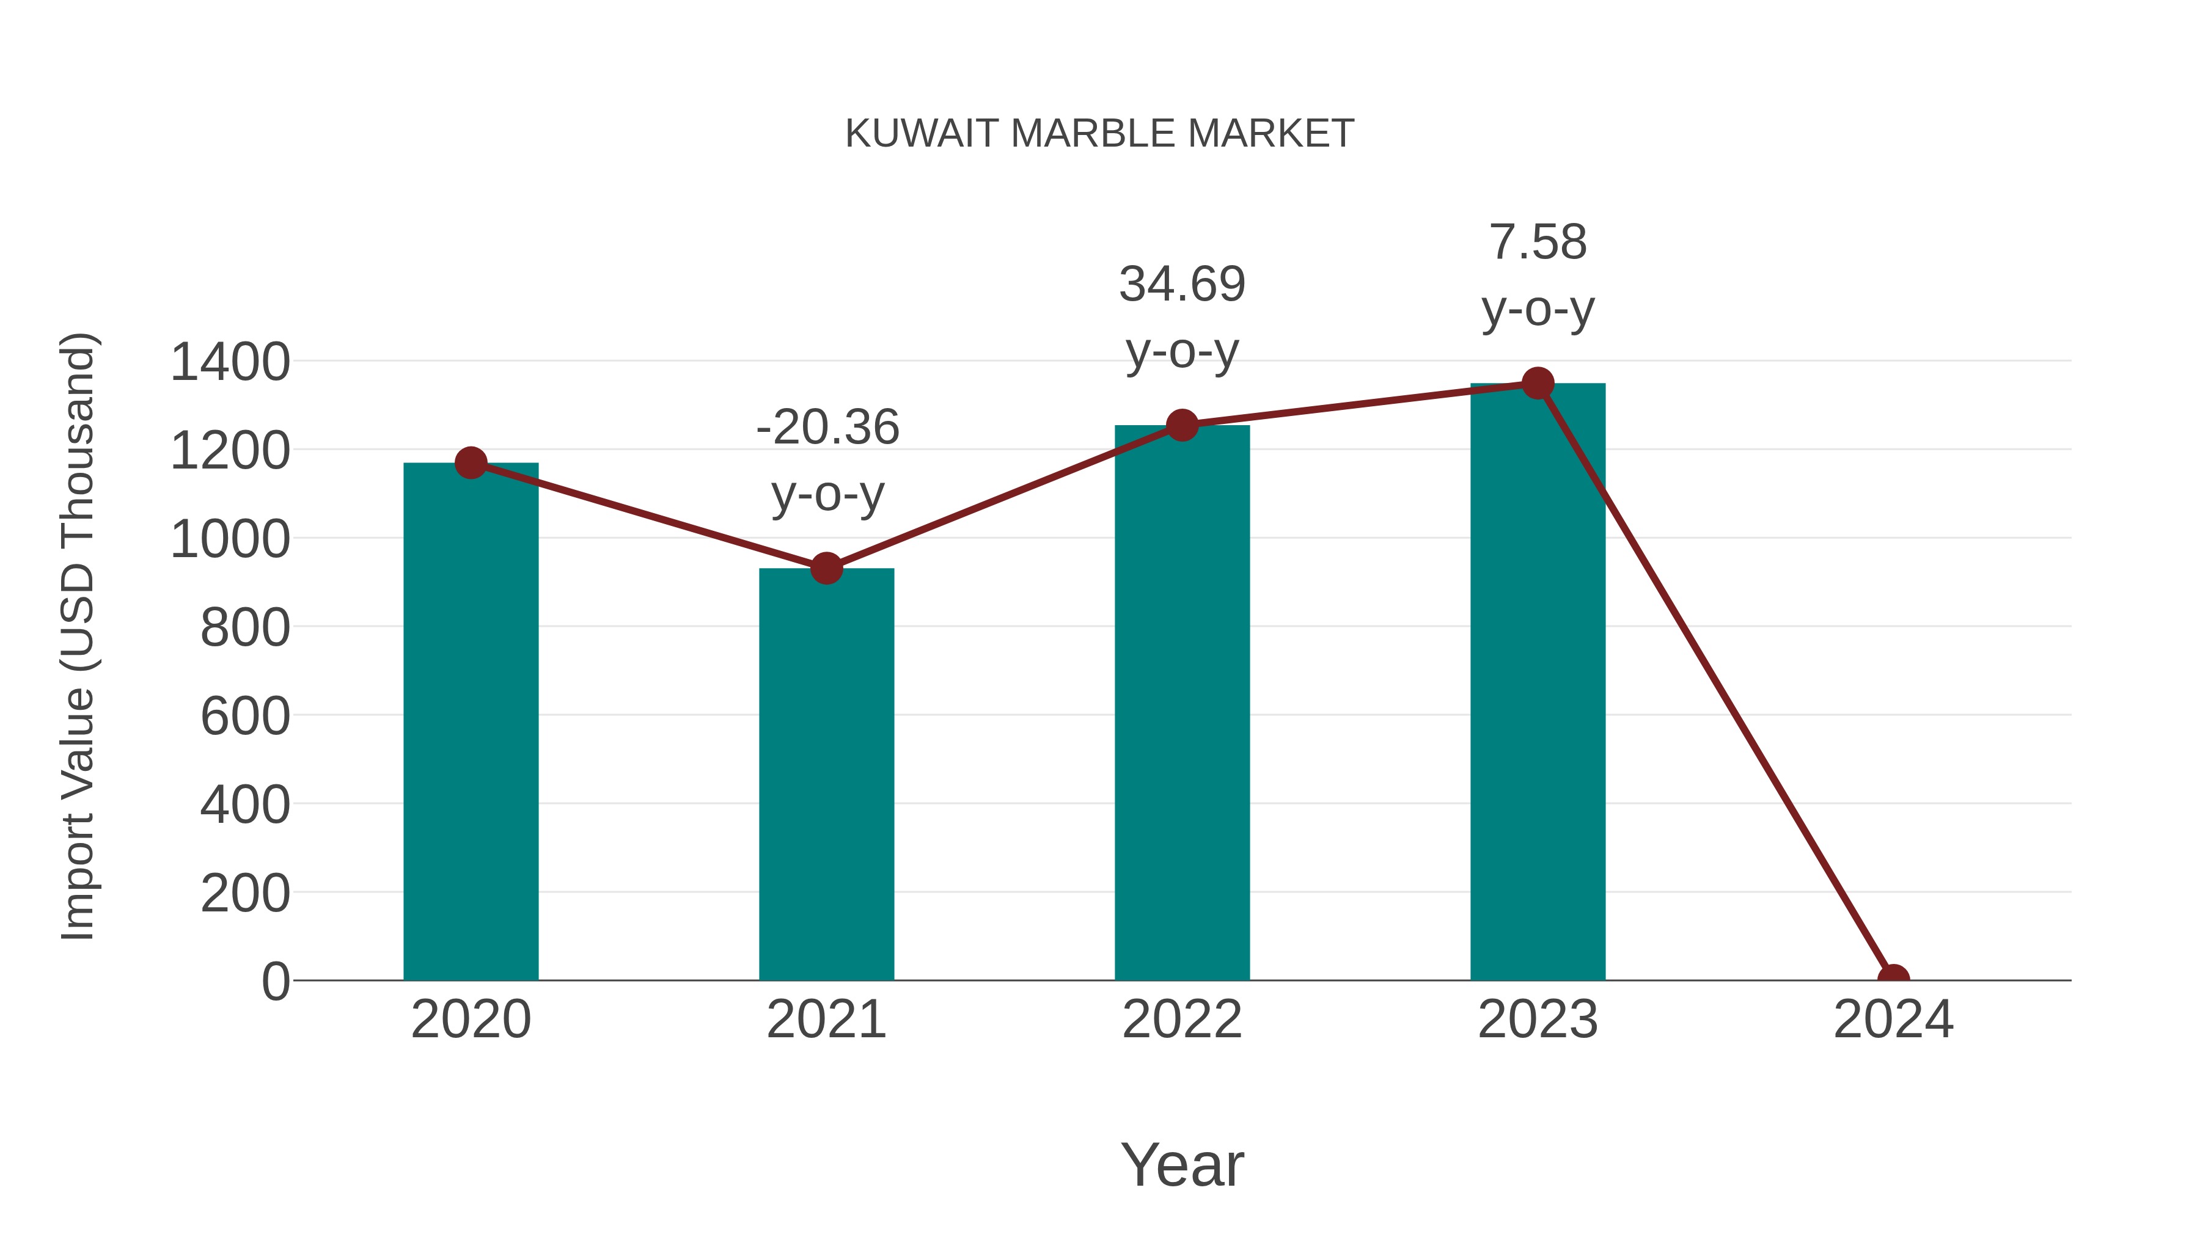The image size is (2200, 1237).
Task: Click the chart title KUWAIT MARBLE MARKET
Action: coord(1099,134)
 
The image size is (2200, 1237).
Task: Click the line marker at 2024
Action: coord(1893,979)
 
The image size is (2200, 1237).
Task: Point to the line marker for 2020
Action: coord(471,462)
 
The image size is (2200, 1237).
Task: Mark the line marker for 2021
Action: coord(826,567)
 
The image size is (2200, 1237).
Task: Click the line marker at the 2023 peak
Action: coord(1538,383)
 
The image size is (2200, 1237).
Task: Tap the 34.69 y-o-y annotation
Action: coord(1182,318)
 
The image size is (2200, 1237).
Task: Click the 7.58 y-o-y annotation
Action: coord(1538,275)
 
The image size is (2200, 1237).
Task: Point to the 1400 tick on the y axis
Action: coord(230,362)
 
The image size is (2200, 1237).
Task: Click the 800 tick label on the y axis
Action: coord(245,629)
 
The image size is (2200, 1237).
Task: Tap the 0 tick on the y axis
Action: coord(275,982)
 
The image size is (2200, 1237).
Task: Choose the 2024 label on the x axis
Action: coord(1893,1020)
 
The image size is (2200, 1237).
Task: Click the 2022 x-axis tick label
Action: coord(1182,1020)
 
